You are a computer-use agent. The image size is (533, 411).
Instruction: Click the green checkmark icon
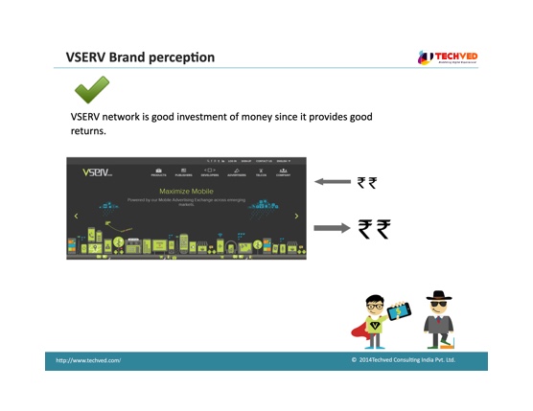(91, 91)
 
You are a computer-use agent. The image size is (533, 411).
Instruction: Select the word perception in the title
(182, 58)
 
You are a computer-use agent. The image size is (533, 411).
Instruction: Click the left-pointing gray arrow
(333, 182)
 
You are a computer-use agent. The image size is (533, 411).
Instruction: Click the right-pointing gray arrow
(333, 228)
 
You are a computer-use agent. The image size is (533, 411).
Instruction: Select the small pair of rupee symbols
(366, 182)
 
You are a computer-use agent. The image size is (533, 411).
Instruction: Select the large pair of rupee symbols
(374, 228)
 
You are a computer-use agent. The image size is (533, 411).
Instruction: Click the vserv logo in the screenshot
(96, 173)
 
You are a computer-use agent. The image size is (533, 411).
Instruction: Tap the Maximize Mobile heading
(186, 191)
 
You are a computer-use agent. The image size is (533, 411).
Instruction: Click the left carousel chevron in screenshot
(76, 217)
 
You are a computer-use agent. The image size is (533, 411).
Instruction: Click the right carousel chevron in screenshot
(296, 217)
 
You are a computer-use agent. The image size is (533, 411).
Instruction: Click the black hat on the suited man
(439, 296)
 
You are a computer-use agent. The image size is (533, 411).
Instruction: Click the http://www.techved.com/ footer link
(88, 360)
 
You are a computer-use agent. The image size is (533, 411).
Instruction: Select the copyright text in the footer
(403, 360)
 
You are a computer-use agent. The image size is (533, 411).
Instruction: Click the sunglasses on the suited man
(439, 305)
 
